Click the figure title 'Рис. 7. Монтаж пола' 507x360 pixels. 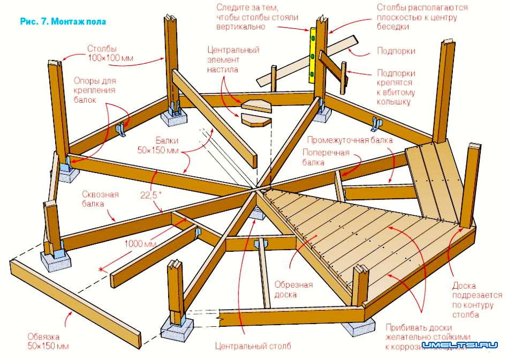(63, 22)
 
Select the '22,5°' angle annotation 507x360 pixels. (151, 196)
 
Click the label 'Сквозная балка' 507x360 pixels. (100, 199)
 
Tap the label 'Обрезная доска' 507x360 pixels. (292, 289)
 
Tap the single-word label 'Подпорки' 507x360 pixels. (396, 51)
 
